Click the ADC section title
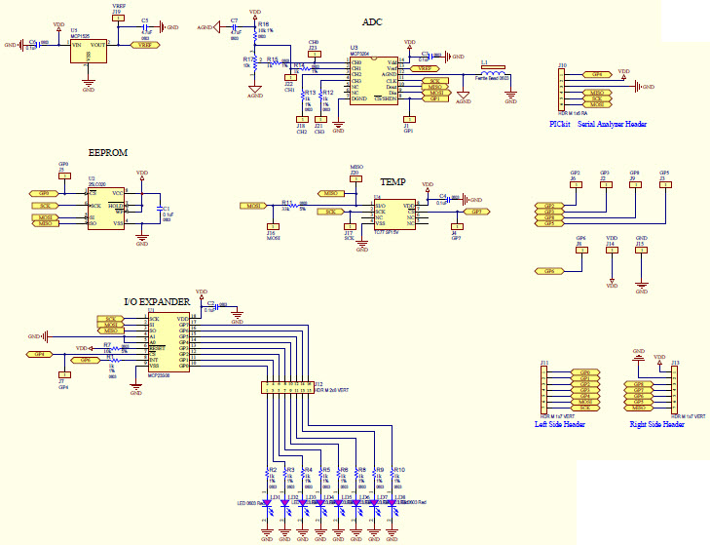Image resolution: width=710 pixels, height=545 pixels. click(x=372, y=21)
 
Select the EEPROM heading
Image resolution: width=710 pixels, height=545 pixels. click(x=108, y=153)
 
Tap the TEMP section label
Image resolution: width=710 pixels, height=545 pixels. click(x=392, y=182)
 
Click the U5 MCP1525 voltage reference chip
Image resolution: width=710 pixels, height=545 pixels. click(x=89, y=51)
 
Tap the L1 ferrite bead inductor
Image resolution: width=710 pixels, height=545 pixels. click(x=493, y=74)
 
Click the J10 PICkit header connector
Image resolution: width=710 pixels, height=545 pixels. click(x=562, y=91)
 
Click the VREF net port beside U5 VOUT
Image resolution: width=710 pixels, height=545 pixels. click(x=144, y=45)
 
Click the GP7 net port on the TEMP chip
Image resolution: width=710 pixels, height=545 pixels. click(x=475, y=212)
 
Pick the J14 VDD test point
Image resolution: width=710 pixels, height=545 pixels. click(x=611, y=251)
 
